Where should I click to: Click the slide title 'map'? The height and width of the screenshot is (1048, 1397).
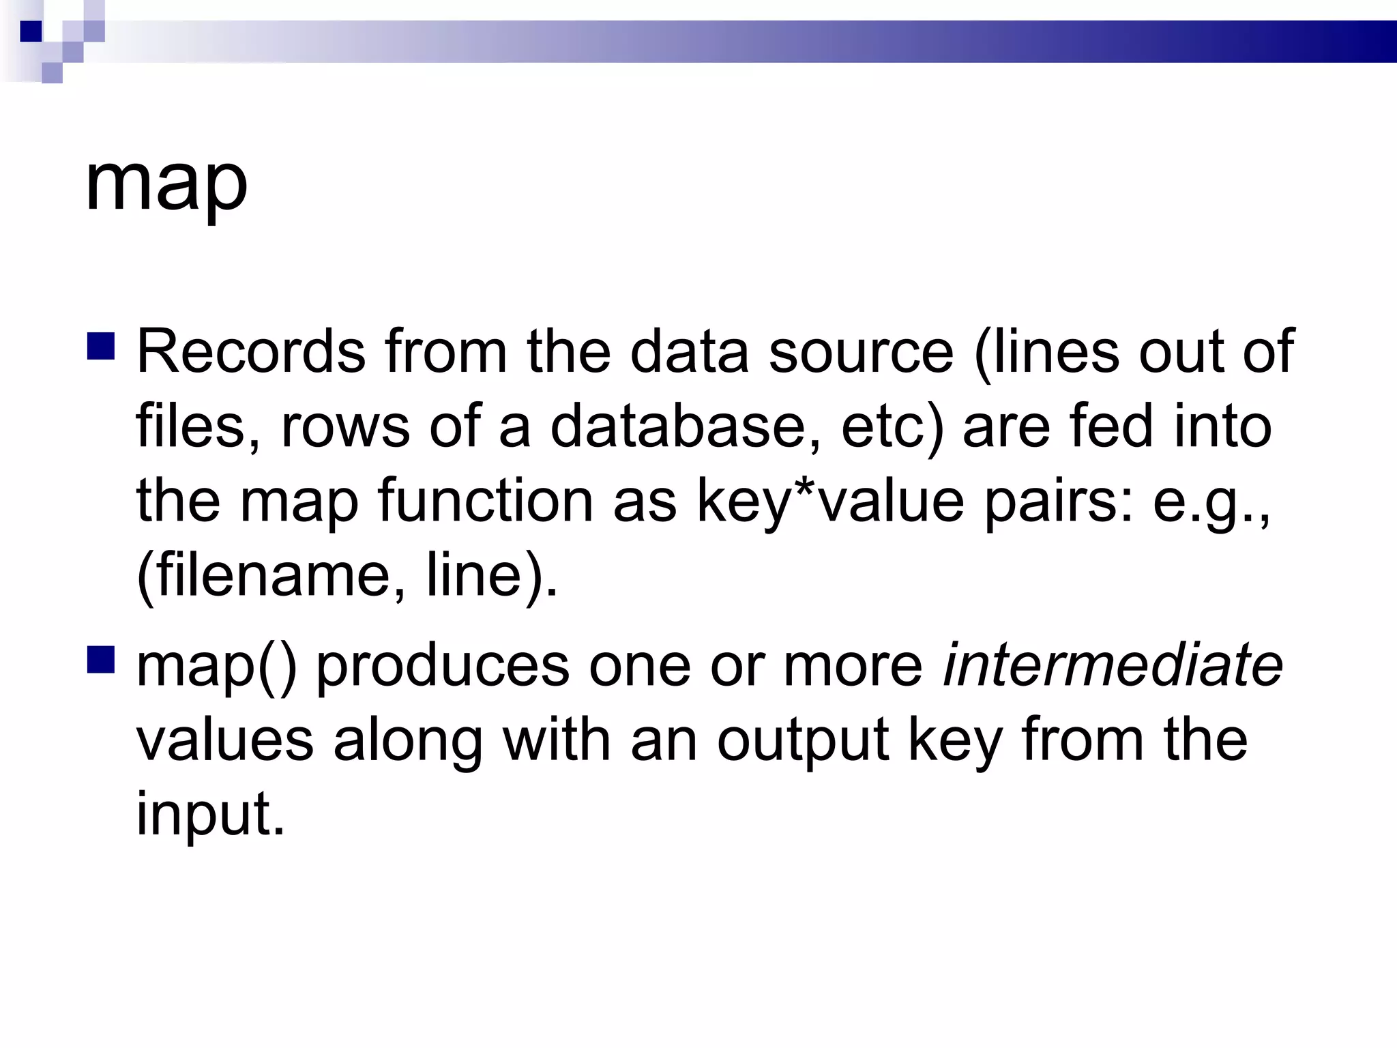166,183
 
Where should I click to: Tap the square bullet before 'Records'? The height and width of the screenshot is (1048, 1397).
101,345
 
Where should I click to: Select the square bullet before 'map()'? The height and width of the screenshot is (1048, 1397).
101,659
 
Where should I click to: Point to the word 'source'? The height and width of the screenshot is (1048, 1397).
861,352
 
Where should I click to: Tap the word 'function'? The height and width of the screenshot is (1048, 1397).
485,501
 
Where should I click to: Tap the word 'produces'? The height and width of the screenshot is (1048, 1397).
443,665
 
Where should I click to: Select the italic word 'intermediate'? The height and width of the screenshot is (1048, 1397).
1113,665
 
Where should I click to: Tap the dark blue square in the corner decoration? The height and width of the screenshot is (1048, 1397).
31,31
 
